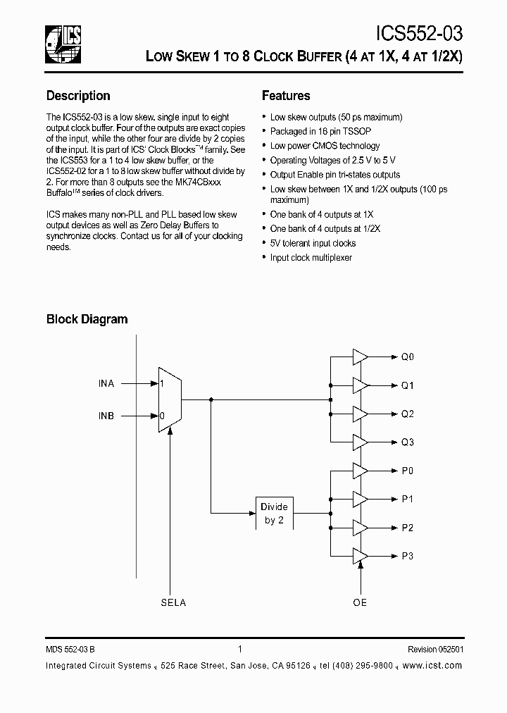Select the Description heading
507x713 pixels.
click(78, 96)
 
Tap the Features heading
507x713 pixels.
click(286, 96)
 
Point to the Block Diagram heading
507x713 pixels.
click(87, 319)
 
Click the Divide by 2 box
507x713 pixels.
click(274, 513)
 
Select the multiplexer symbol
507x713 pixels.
click(170, 399)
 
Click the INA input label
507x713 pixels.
click(106, 384)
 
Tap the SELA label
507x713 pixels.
click(173, 602)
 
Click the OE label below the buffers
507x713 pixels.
click(360, 602)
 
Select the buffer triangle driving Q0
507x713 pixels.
click(360, 357)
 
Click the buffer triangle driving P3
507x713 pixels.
click(360, 556)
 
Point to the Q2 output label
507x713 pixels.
click(408, 414)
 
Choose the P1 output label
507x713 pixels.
click(408, 500)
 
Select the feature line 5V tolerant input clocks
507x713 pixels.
click(313, 243)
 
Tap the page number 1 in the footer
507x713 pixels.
click(240, 650)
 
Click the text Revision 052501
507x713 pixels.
click(435, 650)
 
